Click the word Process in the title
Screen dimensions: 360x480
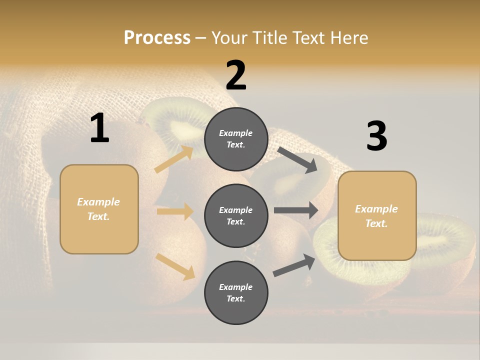coord(157,38)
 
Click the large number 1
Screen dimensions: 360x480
coord(99,128)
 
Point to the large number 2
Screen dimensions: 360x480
coord(236,75)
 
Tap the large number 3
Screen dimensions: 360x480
coord(376,136)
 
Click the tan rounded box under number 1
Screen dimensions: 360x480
coord(99,209)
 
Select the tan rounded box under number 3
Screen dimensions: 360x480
coord(377,216)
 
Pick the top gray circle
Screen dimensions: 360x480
coord(236,139)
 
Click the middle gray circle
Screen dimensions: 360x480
coord(236,215)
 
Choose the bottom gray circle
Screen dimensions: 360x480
coord(236,292)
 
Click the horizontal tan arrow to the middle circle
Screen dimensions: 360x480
coord(175,211)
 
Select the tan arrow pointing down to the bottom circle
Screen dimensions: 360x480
coord(175,266)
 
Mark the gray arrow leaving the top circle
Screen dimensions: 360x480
coord(297,159)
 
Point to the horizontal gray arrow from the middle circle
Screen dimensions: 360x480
coord(296,210)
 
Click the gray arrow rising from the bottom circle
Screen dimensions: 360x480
coord(294,265)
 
